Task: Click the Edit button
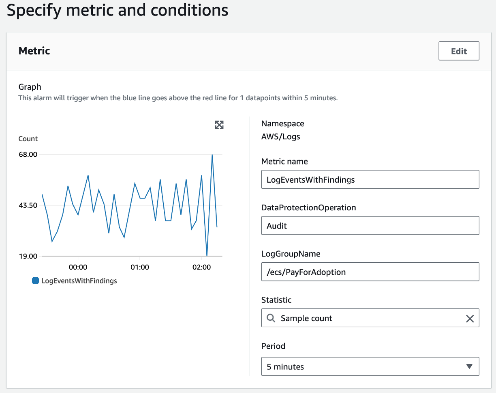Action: point(459,51)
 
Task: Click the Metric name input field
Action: point(370,179)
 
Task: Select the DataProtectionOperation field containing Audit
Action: point(370,226)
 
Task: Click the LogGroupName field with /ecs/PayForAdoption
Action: point(370,272)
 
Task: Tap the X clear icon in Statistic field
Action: point(470,319)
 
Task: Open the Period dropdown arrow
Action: point(469,367)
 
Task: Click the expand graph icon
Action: point(219,125)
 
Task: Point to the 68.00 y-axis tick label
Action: point(28,154)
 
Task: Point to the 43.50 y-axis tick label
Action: point(28,205)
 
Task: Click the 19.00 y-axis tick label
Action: point(28,256)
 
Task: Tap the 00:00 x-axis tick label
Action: point(78,267)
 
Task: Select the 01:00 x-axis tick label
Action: point(140,267)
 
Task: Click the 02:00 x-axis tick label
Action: point(201,267)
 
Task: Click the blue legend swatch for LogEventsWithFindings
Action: point(35,281)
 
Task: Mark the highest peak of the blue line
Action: point(212,155)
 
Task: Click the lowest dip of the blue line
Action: point(207,256)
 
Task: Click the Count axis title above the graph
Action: point(28,139)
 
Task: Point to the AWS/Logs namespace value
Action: point(281,136)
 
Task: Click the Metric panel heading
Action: point(34,51)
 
